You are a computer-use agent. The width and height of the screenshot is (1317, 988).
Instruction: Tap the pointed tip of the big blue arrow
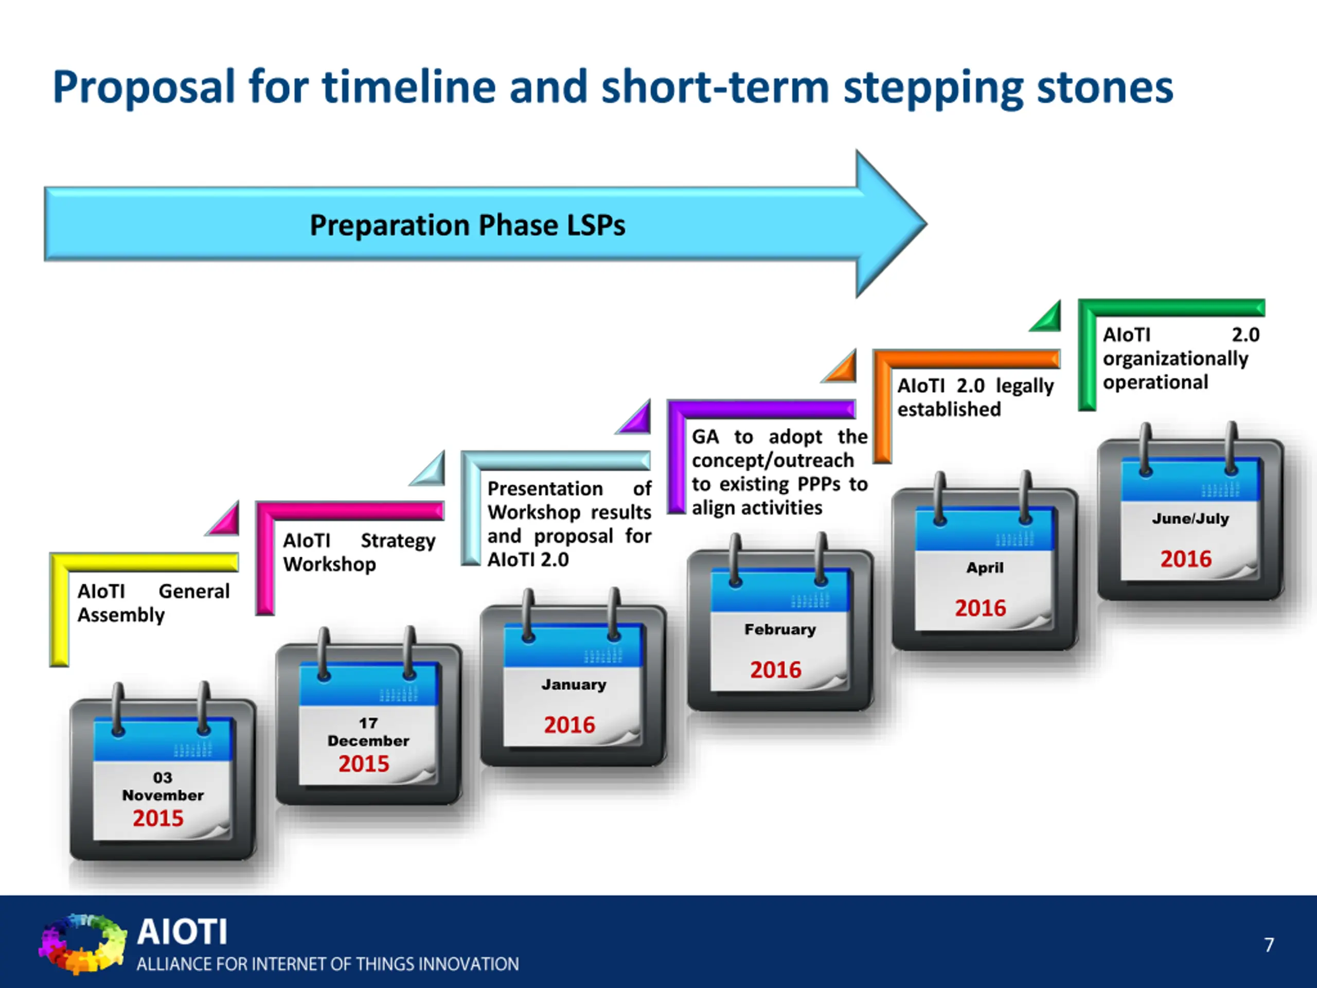point(927,224)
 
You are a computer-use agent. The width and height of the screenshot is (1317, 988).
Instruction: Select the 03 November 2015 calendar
point(163,772)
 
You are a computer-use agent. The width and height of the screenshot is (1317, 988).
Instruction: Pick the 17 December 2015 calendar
point(368,716)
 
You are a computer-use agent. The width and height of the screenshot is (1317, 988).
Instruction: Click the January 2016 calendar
point(574,678)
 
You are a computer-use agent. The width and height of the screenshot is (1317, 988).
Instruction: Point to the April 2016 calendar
point(985,561)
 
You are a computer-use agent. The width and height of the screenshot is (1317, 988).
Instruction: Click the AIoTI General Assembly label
point(153,603)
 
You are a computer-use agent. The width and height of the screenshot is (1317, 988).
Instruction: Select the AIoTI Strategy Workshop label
point(359,552)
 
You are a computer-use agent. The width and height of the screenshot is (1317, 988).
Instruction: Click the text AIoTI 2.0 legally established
point(975,397)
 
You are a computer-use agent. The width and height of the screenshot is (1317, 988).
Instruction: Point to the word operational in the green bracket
point(1155,382)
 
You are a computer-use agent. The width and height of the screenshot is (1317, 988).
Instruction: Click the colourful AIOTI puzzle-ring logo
point(83,943)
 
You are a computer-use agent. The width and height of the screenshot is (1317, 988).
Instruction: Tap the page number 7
point(1269,945)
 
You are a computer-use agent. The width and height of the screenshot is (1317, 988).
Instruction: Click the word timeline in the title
point(409,87)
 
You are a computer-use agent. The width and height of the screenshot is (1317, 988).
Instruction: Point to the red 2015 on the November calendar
point(158,818)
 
